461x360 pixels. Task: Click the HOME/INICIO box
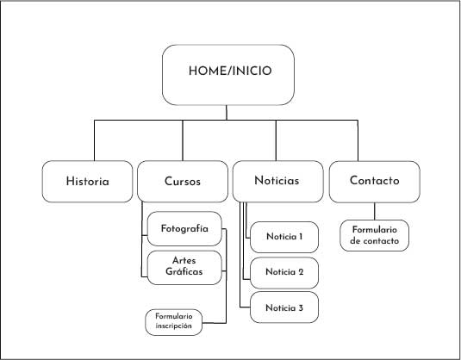[228, 75]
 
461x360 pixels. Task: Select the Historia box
[87, 182]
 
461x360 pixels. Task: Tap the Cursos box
[183, 182]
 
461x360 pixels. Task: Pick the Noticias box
[277, 182]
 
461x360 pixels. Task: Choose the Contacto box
[375, 182]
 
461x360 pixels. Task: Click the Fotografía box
[184, 228]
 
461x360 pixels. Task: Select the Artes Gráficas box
[184, 268]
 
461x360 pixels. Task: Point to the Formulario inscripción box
[174, 322]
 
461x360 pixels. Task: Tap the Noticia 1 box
[284, 237]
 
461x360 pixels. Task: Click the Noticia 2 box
[284, 273]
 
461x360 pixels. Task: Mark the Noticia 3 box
[284, 307]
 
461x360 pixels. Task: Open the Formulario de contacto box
[375, 235]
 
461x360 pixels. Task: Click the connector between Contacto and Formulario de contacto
[375, 211]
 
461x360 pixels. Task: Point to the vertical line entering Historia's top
[95, 140]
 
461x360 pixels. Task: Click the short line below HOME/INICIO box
[227, 113]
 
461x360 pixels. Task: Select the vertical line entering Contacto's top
[358, 140]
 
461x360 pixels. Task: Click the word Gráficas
[184, 271]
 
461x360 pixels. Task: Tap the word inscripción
[174, 326]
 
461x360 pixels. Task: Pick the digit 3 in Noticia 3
[300, 307]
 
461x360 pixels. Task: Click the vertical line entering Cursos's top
[183, 140]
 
